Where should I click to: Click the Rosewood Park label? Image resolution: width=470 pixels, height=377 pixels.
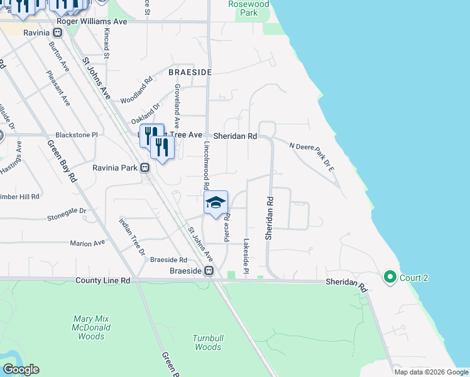[249, 8]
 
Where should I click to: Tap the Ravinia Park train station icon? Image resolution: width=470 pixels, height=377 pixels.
[145, 168]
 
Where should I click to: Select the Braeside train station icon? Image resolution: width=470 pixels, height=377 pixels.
[209, 271]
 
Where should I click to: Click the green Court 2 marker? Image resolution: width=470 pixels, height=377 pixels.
[390, 276]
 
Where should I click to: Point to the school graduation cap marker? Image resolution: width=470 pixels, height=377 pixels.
[215, 202]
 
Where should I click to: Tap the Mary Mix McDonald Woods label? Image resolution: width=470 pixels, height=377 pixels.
[92, 327]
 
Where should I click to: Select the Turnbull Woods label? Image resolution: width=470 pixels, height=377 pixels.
[208, 342]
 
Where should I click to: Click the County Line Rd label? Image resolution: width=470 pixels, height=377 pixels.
[102, 280]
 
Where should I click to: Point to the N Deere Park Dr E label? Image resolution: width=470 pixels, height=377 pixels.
[312, 157]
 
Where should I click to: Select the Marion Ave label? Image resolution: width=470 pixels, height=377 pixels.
[87, 243]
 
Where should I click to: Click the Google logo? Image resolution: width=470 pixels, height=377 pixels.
[21, 369]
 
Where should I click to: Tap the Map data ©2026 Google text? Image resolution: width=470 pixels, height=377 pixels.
[431, 372]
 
